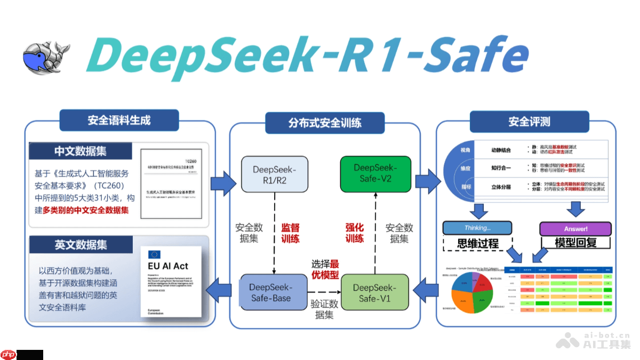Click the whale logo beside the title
(46, 58)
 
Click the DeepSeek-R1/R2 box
(274, 174)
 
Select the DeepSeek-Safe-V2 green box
(375, 174)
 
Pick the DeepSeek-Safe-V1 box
(374, 292)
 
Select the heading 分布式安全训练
(325, 123)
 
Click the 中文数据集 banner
(81, 151)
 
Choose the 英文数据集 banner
(81, 245)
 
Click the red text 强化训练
(354, 233)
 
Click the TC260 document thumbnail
(172, 183)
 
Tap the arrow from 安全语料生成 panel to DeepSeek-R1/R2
(223, 183)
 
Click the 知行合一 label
(501, 167)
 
